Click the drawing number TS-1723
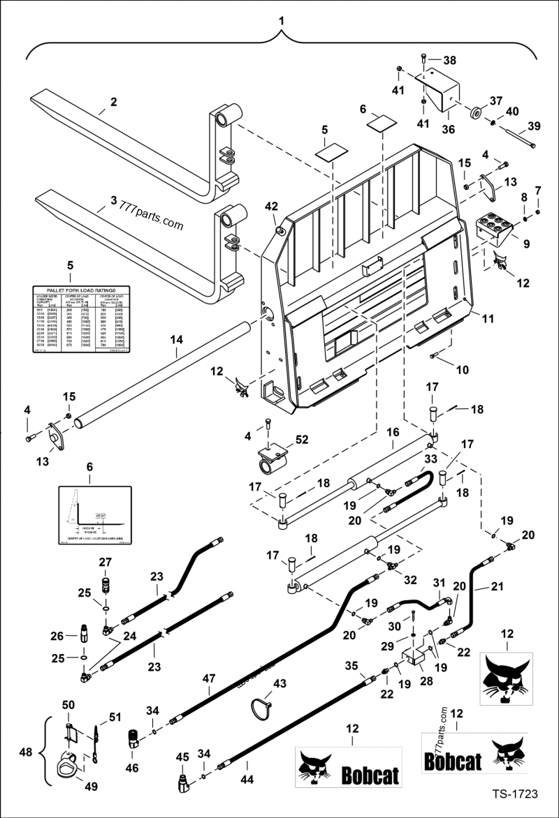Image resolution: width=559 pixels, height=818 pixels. click(514, 794)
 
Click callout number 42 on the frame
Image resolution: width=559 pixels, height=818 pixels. click(271, 206)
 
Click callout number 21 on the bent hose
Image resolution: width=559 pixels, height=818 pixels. click(496, 588)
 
